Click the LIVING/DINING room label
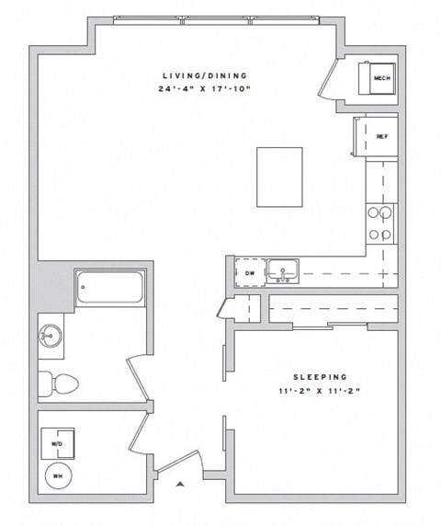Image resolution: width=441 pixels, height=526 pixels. click(206, 75)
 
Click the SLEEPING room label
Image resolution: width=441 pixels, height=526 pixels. click(319, 377)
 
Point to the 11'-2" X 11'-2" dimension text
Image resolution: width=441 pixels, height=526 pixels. click(319, 390)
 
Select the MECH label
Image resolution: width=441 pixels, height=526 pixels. click(381, 79)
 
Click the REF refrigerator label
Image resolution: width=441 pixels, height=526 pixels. click(381, 136)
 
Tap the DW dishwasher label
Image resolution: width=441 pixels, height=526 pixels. click(249, 273)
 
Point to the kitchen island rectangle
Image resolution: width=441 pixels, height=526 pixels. click(279, 177)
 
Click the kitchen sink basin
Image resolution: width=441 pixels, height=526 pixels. click(283, 272)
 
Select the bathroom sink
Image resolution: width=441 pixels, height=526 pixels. click(50, 337)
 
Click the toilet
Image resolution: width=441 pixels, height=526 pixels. click(59, 381)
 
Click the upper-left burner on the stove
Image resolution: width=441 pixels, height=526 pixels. click(374, 213)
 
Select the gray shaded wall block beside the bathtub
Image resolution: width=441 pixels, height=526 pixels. click(54, 287)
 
